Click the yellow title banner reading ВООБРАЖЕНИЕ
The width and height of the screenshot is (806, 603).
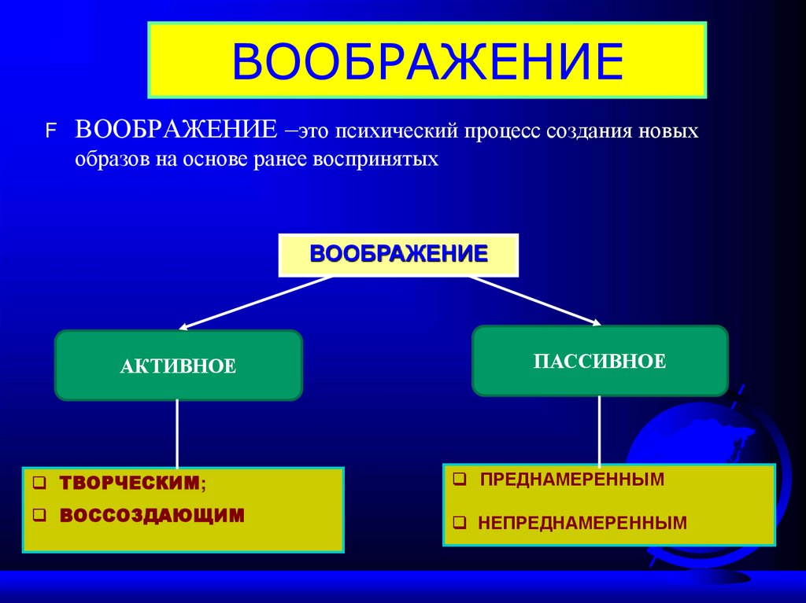point(427,61)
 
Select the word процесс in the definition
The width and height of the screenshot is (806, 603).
point(499,131)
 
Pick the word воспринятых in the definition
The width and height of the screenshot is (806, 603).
point(375,160)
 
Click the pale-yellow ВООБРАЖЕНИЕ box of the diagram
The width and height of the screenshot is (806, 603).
point(399,255)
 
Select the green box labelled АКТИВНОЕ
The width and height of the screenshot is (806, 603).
point(179,366)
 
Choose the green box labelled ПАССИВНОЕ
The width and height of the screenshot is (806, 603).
point(600,361)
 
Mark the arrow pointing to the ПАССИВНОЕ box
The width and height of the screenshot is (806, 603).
point(535,300)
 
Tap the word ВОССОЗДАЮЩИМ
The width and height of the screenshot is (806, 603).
point(152,515)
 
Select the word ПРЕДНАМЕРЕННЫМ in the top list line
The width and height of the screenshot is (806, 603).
point(572,479)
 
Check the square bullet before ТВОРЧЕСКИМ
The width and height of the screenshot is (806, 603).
point(40,484)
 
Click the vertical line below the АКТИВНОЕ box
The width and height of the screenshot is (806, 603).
point(177,432)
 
